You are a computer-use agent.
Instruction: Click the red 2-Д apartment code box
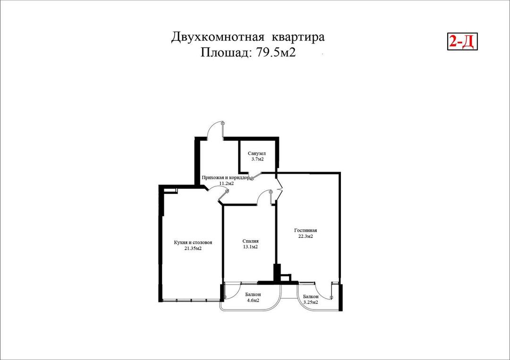(462, 42)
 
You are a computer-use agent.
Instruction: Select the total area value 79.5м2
(276, 52)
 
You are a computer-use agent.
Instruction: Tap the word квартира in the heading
(299, 37)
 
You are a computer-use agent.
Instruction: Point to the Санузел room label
(257, 153)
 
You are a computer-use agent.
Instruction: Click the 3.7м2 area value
(257, 159)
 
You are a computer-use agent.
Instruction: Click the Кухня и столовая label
(193, 242)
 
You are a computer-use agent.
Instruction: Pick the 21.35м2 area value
(193, 248)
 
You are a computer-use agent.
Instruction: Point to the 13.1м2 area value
(250, 247)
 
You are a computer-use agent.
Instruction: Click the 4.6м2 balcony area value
(253, 301)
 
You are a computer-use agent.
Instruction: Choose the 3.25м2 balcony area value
(310, 302)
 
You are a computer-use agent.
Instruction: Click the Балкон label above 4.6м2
(253, 294)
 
